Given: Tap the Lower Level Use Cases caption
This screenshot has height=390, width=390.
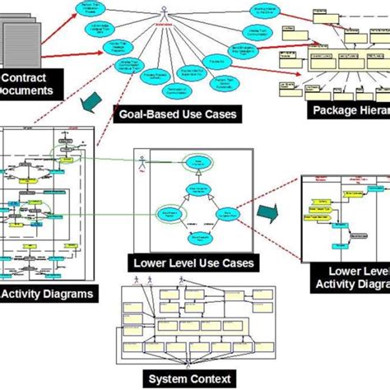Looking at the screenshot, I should (x=193, y=263).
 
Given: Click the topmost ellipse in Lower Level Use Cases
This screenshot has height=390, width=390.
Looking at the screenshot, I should (x=198, y=162).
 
